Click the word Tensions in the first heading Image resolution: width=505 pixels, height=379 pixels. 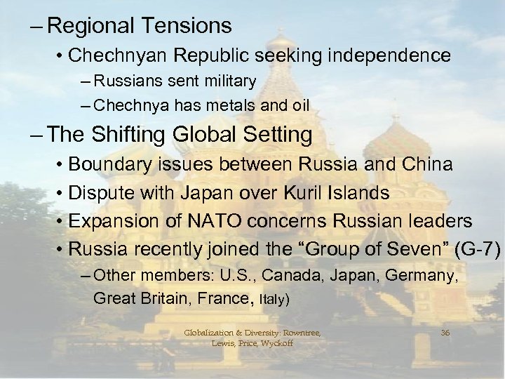[188, 27]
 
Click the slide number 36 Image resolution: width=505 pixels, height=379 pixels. [445, 332]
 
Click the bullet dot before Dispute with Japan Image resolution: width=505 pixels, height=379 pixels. [62, 194]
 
